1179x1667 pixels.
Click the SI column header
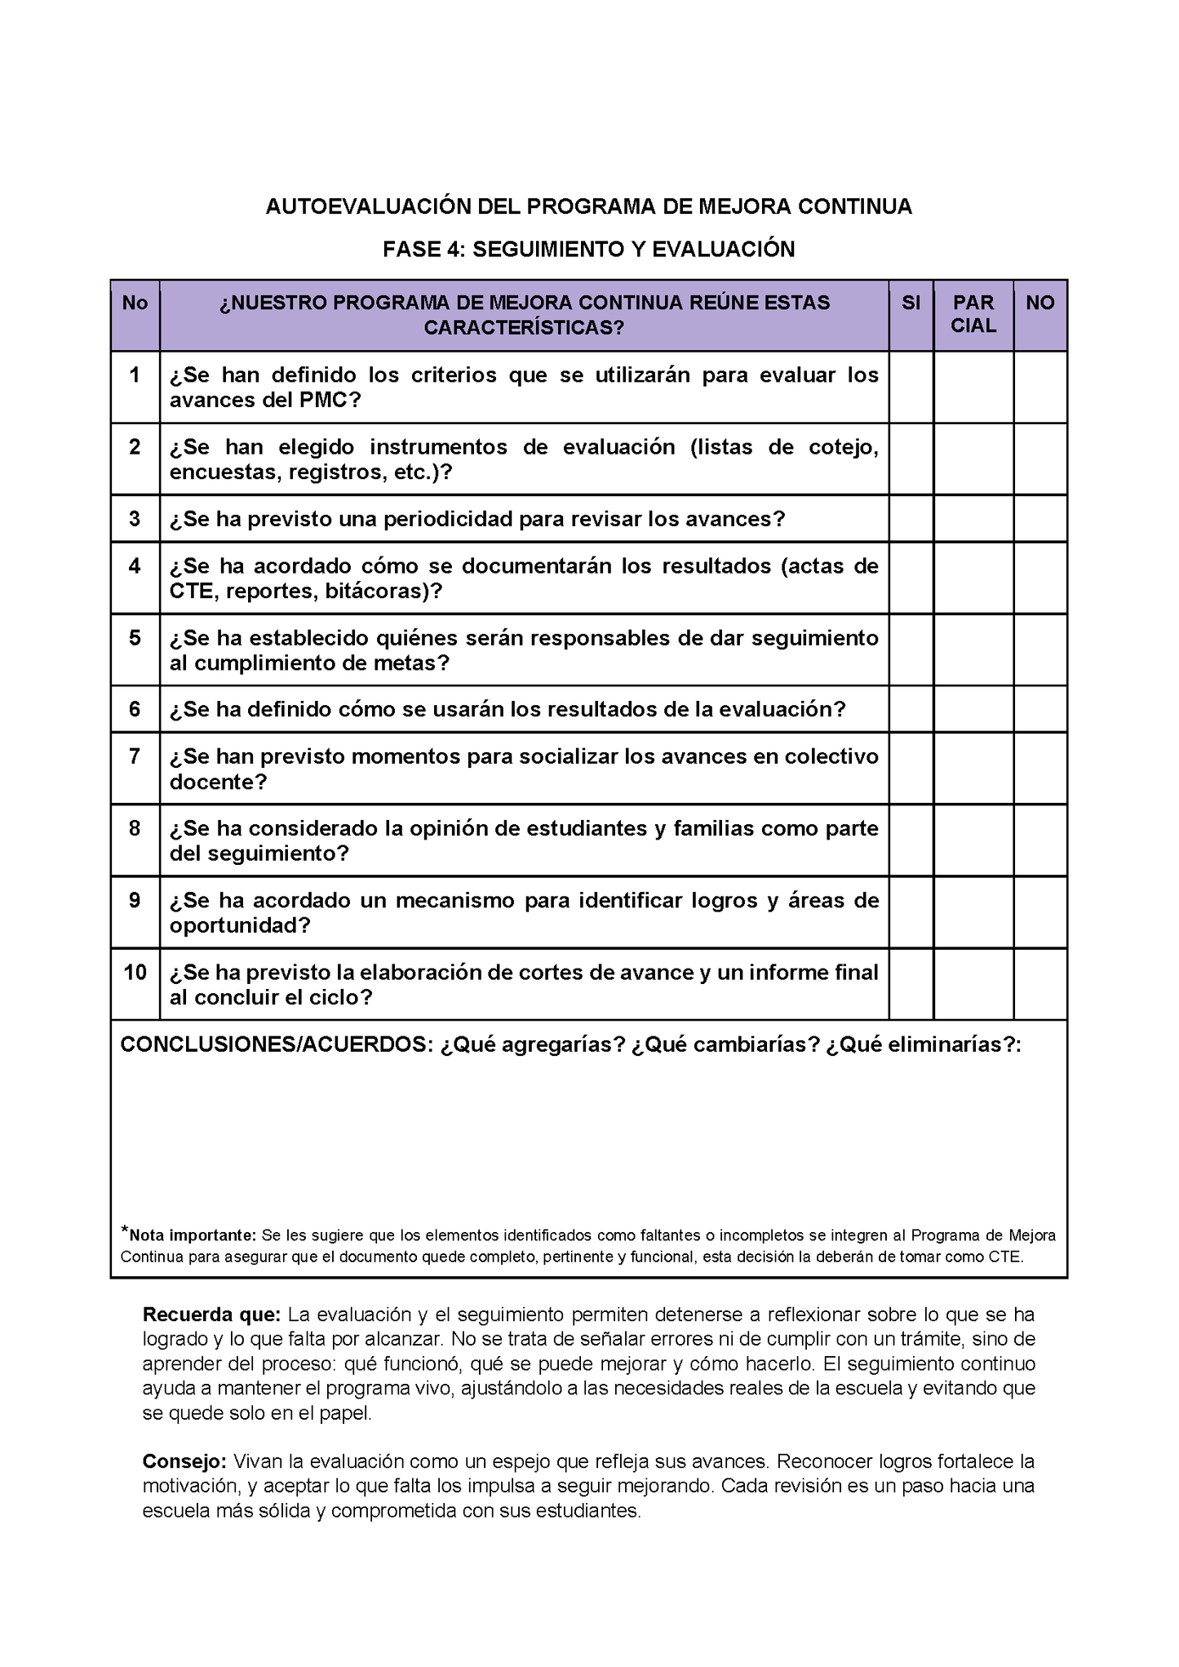click(x=911, y=303)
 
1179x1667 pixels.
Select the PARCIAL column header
click(x=973, y=314)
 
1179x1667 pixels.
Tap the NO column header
click(x=1040, y=303)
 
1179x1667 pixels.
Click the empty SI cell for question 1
click(x=911, y=387)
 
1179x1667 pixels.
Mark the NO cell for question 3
click(x=1040, y=518)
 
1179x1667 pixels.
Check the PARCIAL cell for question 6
click(x=973, y=708)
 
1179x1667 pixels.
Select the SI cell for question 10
click(x=911, y=984)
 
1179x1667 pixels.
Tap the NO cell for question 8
click(x=1040, y=840)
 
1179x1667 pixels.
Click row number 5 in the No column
click(x=135, y=637)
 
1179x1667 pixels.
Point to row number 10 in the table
click(x=135, y=972)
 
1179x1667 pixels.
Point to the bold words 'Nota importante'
click(x=193, y=1235)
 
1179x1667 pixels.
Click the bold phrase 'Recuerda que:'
click(x=211, y=1315)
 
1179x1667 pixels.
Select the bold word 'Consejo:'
click(x=184, y=1461)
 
